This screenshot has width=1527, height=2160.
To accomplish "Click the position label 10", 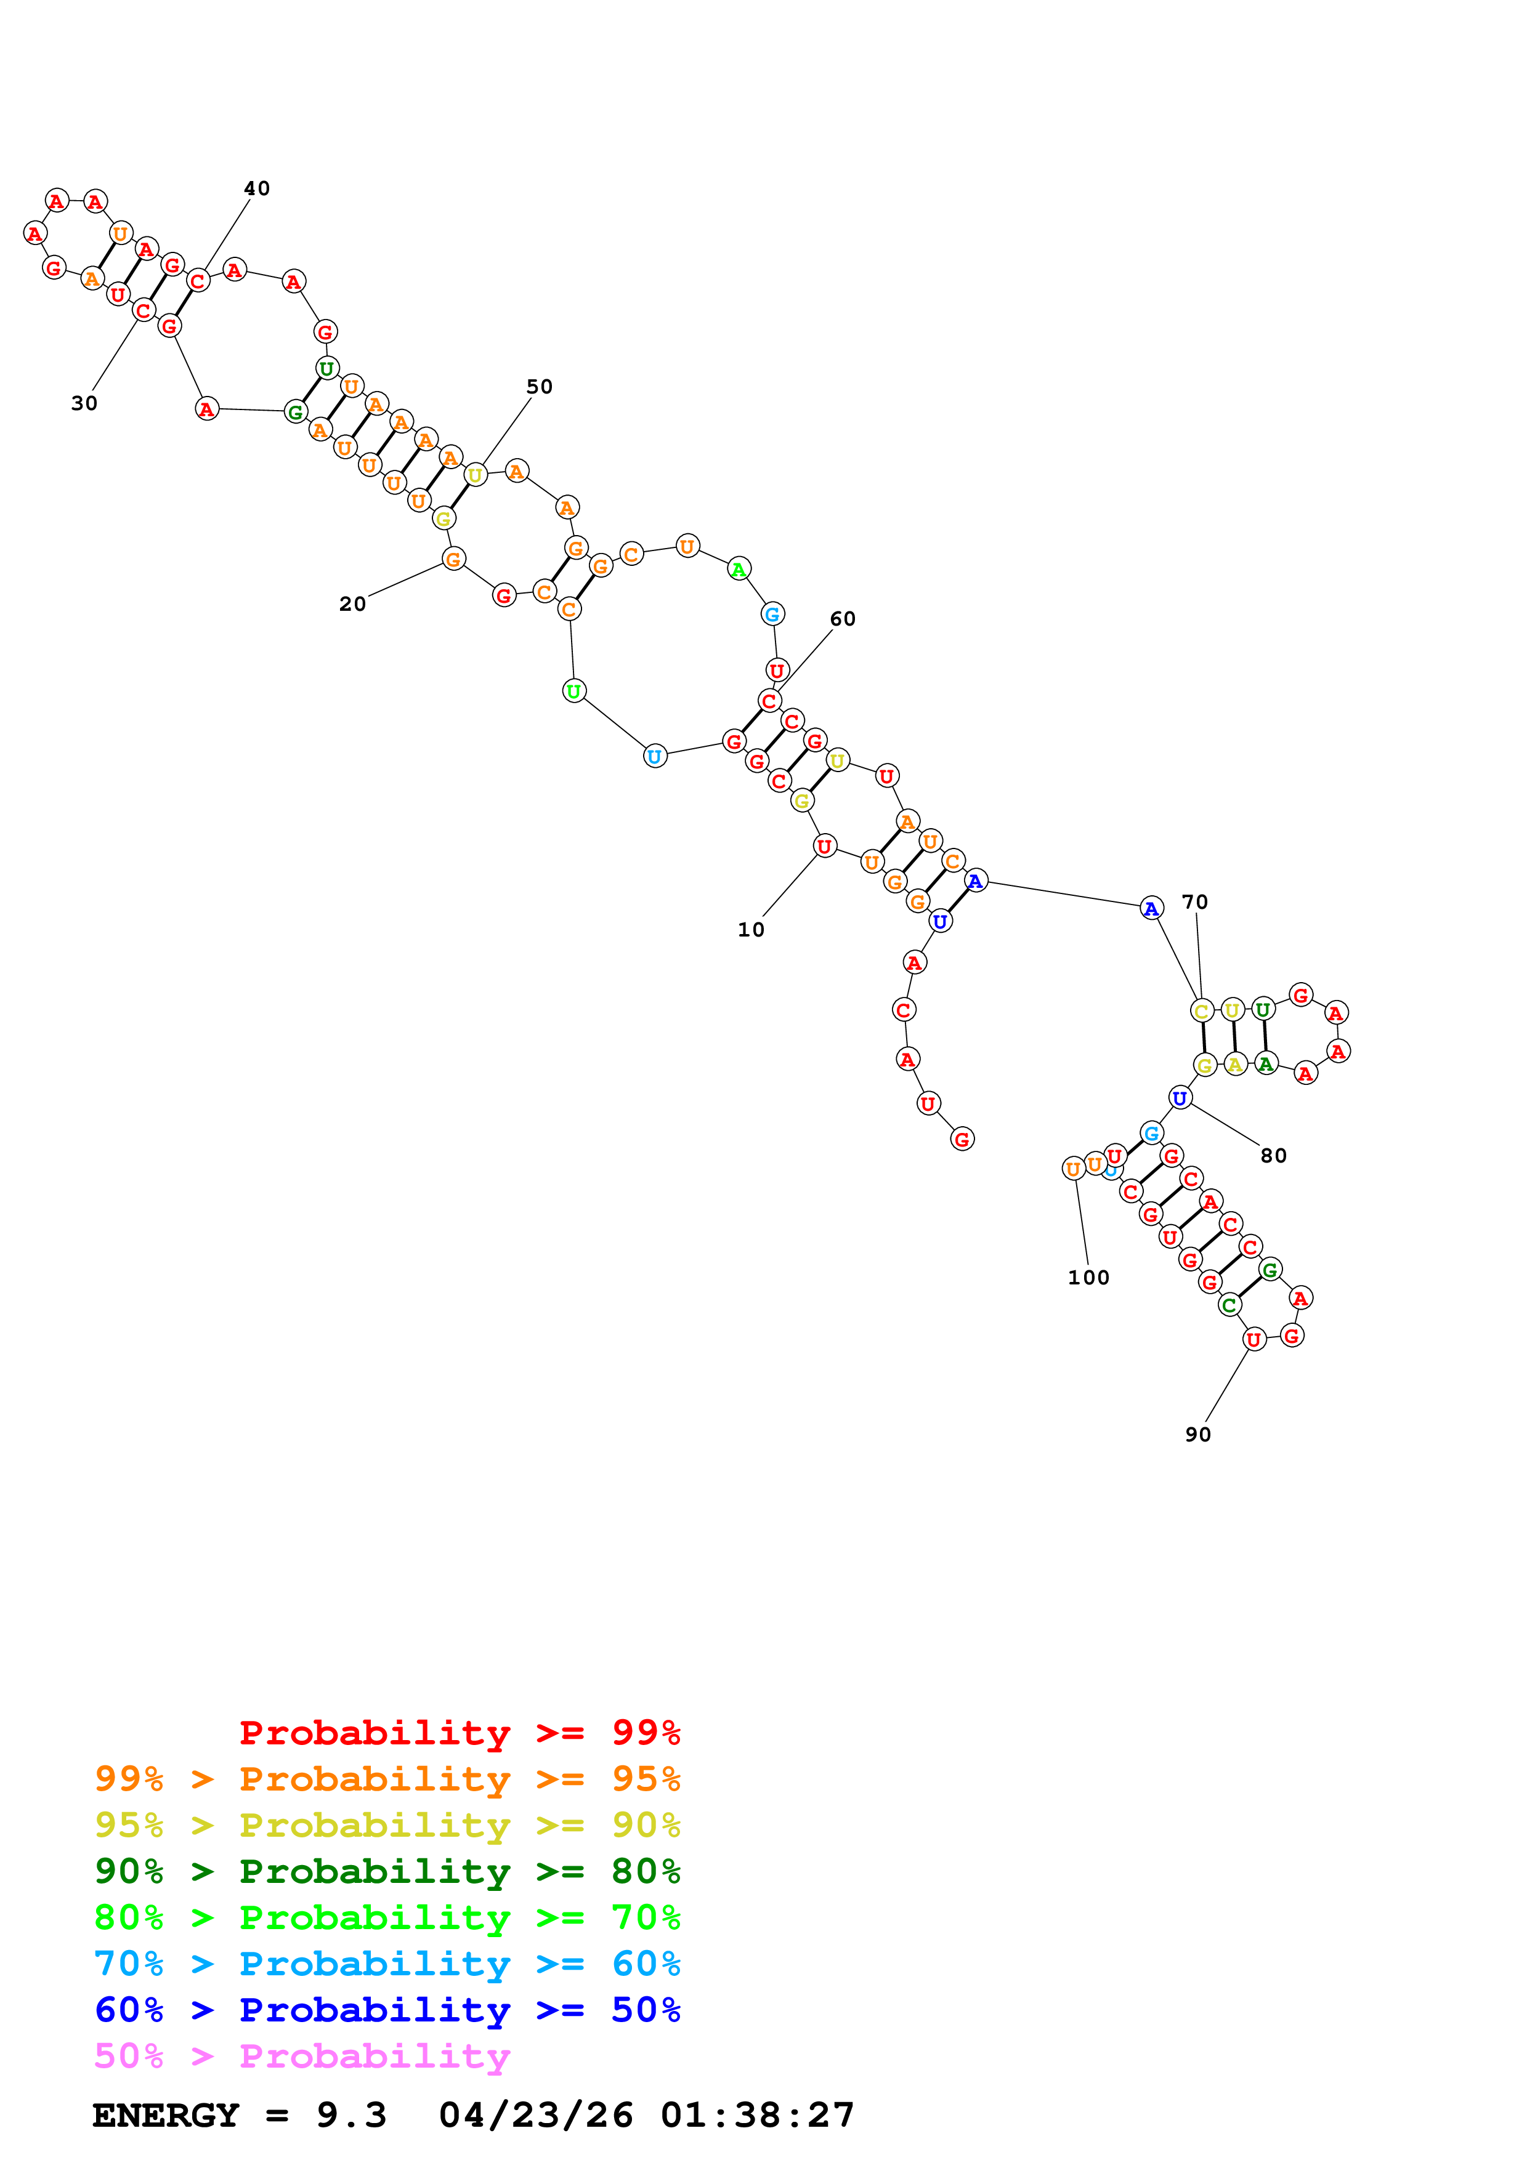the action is [751, 930].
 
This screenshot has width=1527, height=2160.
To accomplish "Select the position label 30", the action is [84, 403].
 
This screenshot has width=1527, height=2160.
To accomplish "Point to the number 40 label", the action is [257, 189].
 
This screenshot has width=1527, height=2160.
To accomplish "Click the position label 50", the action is [539, 387].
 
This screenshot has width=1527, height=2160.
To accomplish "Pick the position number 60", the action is [843, 619].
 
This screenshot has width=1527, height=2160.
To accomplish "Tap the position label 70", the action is [1195, 902].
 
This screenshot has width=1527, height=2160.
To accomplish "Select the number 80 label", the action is [1274, 1156].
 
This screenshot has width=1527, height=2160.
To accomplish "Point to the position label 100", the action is [1088, 1278].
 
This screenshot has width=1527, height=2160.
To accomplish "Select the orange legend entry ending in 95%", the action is [387, 1779].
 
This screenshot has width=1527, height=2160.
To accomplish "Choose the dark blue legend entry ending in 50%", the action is [387, 2010].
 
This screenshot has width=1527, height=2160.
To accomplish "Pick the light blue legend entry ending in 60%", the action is [387, 1964].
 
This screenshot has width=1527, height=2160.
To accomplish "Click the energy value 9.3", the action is [351, 2115].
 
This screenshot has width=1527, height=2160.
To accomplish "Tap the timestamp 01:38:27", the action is [758, 2115].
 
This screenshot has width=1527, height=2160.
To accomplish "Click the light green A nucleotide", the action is [740, 569].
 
